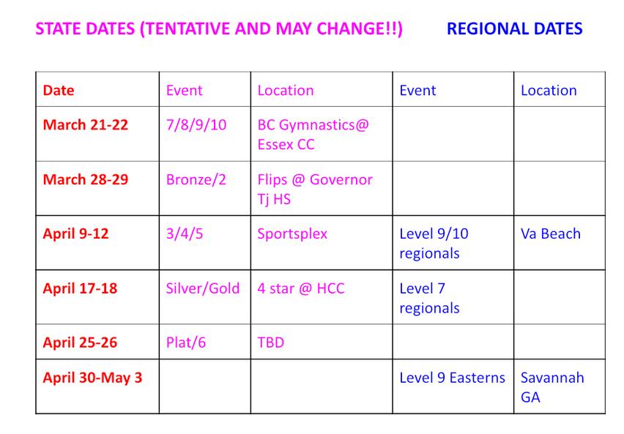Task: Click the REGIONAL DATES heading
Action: [515, 29]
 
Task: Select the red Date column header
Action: [59, 90]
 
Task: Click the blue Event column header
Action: [417, 90]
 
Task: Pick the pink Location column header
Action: [286, 90]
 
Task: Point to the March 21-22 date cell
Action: [86, 124]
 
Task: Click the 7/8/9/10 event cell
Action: [196, 125]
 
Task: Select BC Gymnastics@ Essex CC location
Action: [313, 135]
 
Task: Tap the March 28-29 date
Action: [86, 179]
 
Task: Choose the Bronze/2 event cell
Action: [196, 179]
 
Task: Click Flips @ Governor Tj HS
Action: [315, 189]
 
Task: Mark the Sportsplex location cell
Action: [292, 234]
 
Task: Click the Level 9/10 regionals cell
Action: [434, 243]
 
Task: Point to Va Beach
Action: [550, 233]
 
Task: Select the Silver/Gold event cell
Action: [203, 288]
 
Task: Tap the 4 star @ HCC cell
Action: [301, 288]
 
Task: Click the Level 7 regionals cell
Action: [429, 298]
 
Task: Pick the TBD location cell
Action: [270, 343]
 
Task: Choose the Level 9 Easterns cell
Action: [452, 378]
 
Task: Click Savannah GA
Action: [552, 387]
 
